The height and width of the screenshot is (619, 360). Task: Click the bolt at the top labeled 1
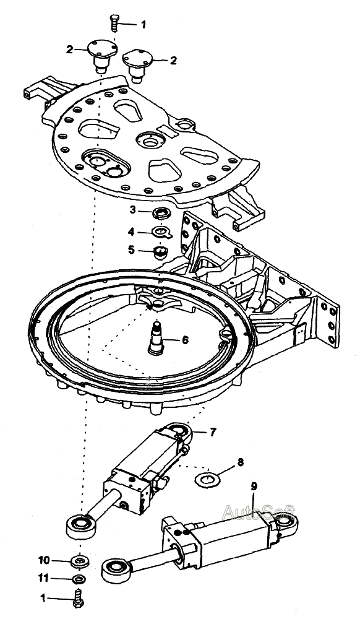[x=114, y=22]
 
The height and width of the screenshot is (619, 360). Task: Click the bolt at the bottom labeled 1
[x=79, y=599]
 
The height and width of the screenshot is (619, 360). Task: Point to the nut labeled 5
[x=160, y=253]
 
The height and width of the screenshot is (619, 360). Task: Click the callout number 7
[x=213, y=432]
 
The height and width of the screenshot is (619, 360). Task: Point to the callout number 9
[x=254, y=487]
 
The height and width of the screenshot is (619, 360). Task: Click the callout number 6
[x=185, y=339]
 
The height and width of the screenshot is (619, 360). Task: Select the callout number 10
[x=44, y=560]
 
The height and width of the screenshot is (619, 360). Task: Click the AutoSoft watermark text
[x=259, y=513]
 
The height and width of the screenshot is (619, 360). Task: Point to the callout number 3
[x=133, y=210]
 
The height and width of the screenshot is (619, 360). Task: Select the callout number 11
[x=43, y=578]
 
